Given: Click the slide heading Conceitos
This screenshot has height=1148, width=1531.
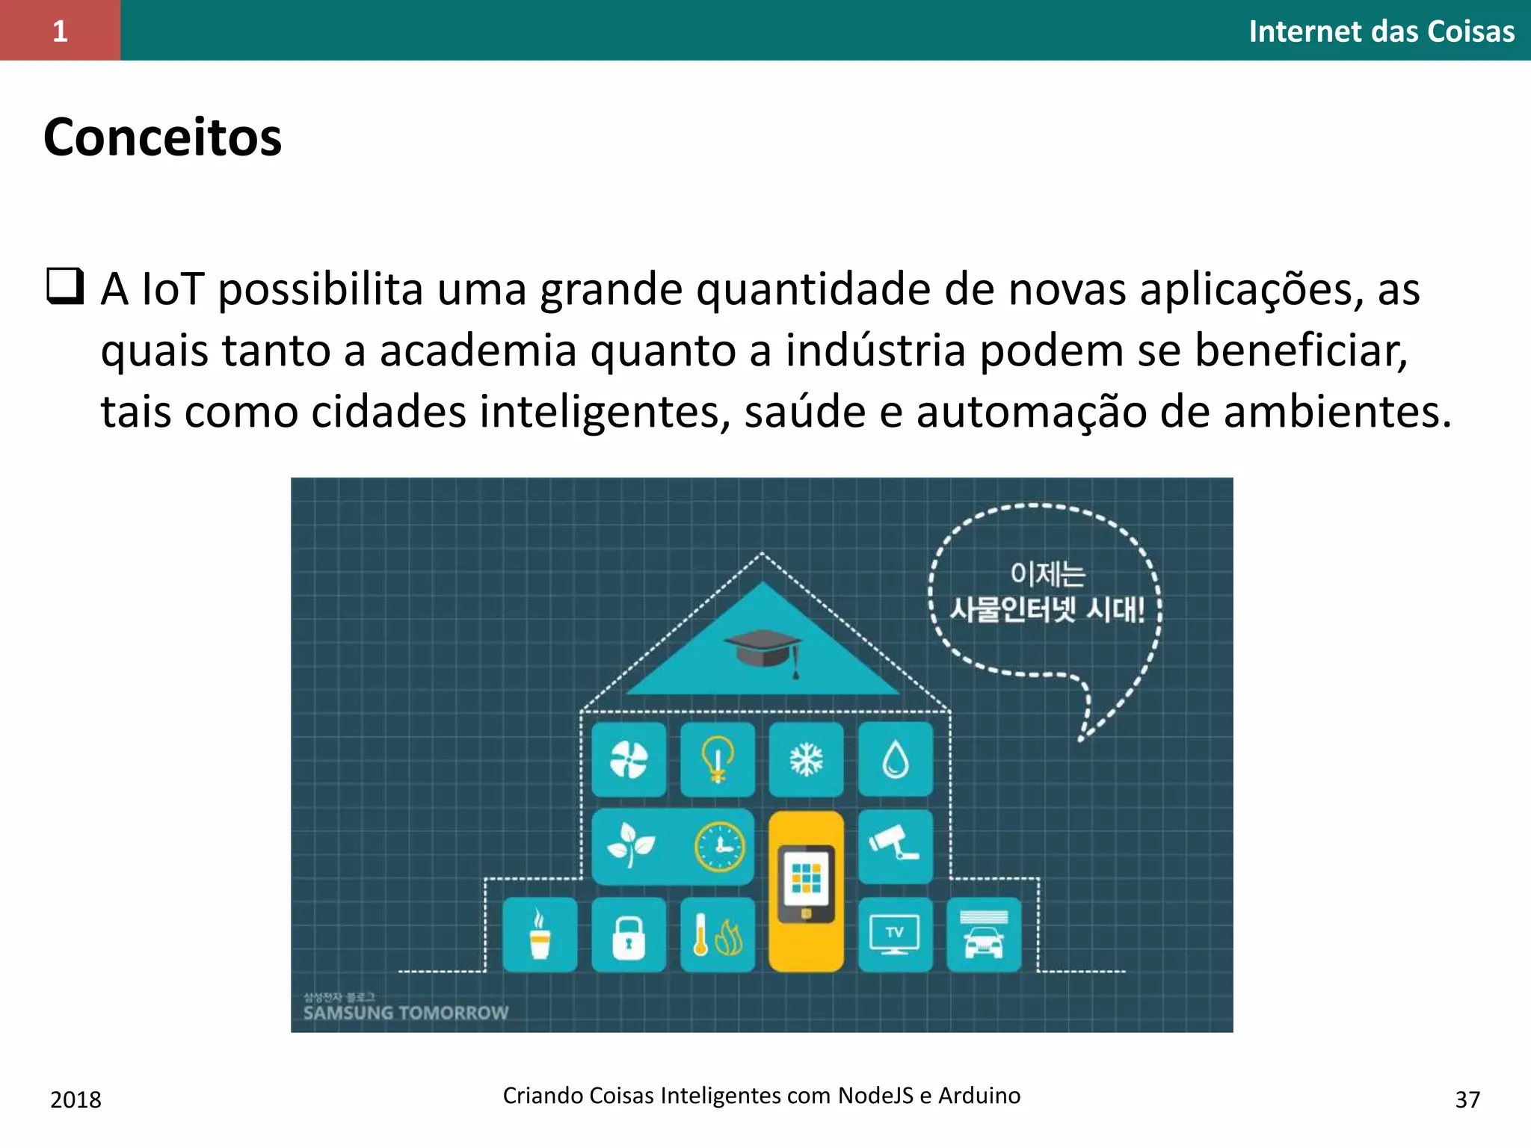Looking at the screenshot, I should click(x=162, y=138).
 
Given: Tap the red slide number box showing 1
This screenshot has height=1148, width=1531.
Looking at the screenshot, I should click(x=60, y=31).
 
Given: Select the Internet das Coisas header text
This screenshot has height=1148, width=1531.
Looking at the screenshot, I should click(x=1381, y=31).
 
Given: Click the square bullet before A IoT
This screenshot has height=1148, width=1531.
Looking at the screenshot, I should click(x=64, y=286).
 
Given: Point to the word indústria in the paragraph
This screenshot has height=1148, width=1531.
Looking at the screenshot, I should click(x=875, y=351).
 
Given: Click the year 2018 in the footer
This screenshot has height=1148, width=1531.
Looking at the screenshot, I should click(x=76, y=1099).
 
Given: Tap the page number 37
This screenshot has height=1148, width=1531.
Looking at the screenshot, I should click(x=1467, y=1099).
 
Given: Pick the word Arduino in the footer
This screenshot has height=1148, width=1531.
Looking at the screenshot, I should click(x=979, y=1095).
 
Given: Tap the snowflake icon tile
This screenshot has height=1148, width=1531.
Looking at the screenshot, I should click(x=806, y=759).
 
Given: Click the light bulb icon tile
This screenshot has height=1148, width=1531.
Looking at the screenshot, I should click(x=717, y=759).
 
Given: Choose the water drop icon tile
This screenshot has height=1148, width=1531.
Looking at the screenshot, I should click(x=895, y=759).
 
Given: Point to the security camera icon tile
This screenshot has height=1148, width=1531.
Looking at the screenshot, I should click(x=895, y=845).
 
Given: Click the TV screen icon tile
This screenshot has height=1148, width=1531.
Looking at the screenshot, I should click(x=895, y=934).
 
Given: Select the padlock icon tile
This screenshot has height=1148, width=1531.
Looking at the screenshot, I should click(x=628, y=934).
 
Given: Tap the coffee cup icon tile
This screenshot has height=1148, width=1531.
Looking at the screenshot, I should click(x=539, y=934).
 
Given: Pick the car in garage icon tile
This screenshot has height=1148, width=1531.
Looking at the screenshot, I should click(x=983, y=934).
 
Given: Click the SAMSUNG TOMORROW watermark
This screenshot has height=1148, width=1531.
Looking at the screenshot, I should click(x=406, y=1013).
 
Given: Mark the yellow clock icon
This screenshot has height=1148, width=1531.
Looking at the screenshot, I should click(x=719, y=847).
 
